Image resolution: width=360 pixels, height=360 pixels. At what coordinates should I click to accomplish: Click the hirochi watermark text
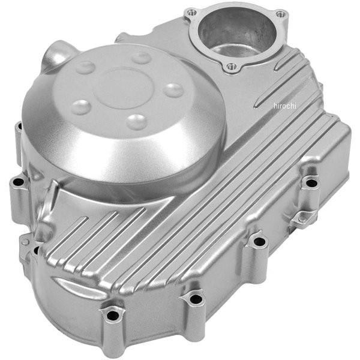pos(285,106)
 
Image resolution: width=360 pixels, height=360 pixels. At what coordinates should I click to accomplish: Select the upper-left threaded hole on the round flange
pos(192,13)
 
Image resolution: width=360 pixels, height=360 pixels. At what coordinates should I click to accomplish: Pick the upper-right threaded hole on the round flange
pos(280,14)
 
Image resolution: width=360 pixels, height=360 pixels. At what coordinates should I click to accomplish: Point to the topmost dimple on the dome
pos(142,58)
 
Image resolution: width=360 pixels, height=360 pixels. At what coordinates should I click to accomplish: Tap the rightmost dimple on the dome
pos(174,91)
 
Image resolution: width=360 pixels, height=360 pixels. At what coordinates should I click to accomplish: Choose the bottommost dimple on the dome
pos(137,122)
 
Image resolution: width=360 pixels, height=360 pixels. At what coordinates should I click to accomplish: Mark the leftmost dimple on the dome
pos(81,107)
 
